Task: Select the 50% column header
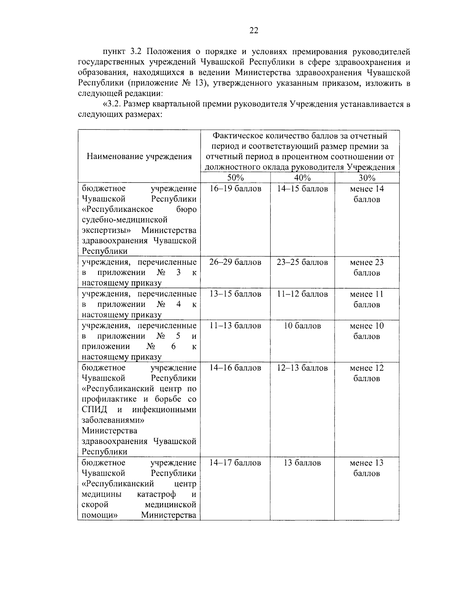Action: (x=235, y=178)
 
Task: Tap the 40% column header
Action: (x=302, y=178)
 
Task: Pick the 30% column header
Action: (x=367, y=178)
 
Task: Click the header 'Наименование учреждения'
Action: (x=139, y=156)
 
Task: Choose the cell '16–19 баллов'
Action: (x=235, y=189)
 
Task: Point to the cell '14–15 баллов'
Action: (x=302, y=189)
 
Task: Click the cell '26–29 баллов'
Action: (x=235, y=262)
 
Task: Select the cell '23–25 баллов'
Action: (x=302, y=262)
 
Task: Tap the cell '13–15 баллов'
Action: (x=235, y=294)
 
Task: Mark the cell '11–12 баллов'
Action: (x=302, y=294)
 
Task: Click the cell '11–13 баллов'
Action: (x=235, y=326)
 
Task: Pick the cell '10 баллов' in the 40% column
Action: (x=302, y=326)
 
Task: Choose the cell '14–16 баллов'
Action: (x=235, y=368)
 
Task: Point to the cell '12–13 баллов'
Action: (x=302, y=368)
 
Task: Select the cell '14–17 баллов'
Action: (x=235, y=463)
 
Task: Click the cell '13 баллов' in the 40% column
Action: (x=302, y=463)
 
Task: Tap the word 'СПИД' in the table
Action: (x=94, y=410)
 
